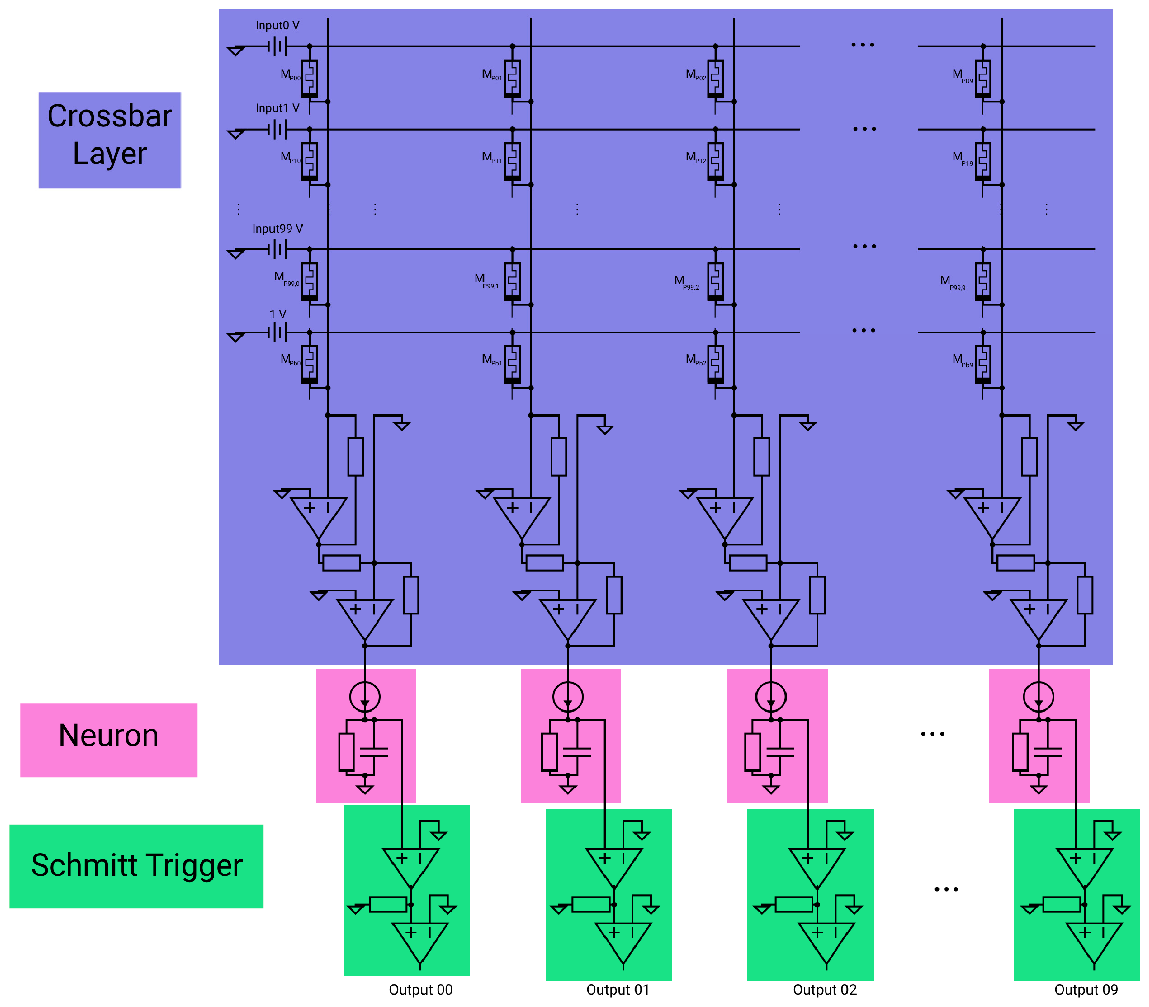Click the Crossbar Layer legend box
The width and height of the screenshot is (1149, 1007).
click(x=110, y=140)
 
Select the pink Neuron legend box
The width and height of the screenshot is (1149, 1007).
click(x=108, y=739)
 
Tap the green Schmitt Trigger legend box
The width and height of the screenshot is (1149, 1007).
click(x=136, y=866)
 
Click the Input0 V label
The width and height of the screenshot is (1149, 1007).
click(x=278, y=26)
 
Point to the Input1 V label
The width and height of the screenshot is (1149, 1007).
click(x=278, y=108)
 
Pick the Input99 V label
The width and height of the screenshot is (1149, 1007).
click(x=278, y=229)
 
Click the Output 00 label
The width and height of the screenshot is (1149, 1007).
click(x=421, y=990)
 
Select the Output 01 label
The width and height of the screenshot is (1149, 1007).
click(x=618, y=990)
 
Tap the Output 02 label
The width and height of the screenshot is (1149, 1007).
click(x=824, y=990)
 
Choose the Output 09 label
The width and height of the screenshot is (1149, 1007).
click(x=1086, y=990)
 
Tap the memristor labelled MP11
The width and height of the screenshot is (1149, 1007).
click(x=512, y=161)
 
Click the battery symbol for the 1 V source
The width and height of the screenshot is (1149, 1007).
click(x=278, y=333)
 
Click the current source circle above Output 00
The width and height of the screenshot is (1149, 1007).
click(x=365, y=697)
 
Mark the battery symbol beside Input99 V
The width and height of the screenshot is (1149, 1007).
click(x=278, y=249)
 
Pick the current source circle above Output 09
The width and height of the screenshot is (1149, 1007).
click(x=1038, y=697)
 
